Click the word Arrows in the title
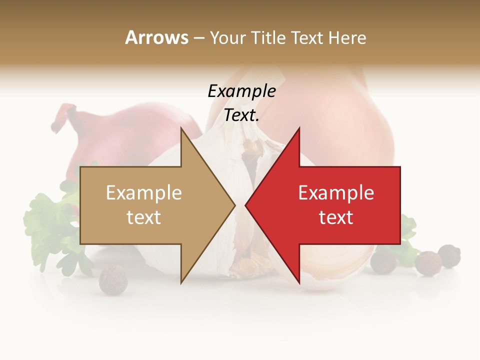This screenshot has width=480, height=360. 156,37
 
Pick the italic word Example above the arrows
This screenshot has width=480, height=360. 241,91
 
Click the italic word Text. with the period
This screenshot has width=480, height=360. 241,115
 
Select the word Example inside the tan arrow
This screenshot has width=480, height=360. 144,193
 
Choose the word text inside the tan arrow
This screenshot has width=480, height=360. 144,217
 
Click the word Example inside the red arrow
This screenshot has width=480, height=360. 336,193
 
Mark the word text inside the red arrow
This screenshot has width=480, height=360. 336,217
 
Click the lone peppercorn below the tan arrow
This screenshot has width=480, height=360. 113,279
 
